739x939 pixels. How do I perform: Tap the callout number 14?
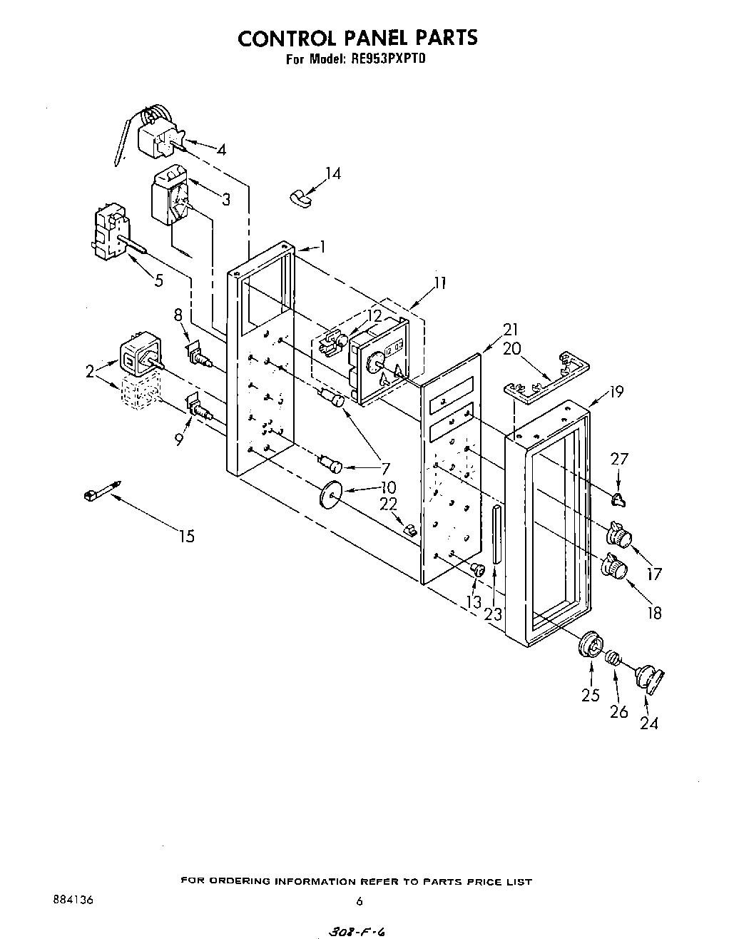pyautogui.click(x=332, y=173)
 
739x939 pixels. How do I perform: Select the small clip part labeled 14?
pyautogui.click(x=301, y=197)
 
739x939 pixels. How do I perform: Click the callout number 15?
pyautogui.click(x=186, y=536)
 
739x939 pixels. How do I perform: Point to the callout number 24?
pyautogui.click(x=648, y=723)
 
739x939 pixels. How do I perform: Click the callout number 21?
pyautogui.click(x=511, y=330)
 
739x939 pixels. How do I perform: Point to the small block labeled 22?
pyautogui.click(x=410, y=529)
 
